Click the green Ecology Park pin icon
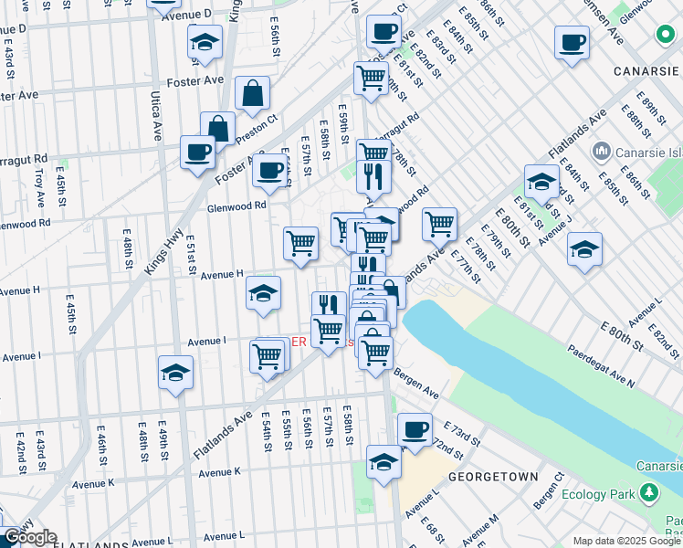[x=649, y=493]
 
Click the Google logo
[x=29, y=537]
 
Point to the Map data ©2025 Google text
[x=625, y=541]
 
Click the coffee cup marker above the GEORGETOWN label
[x=415, y=428]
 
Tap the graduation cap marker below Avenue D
[x=205, y=41]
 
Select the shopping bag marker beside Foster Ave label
[x=252, y=93]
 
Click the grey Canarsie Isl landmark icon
[x=602, y=150]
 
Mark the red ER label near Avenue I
[x=299, y=342]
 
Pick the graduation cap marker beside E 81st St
[x=541, y=181]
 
